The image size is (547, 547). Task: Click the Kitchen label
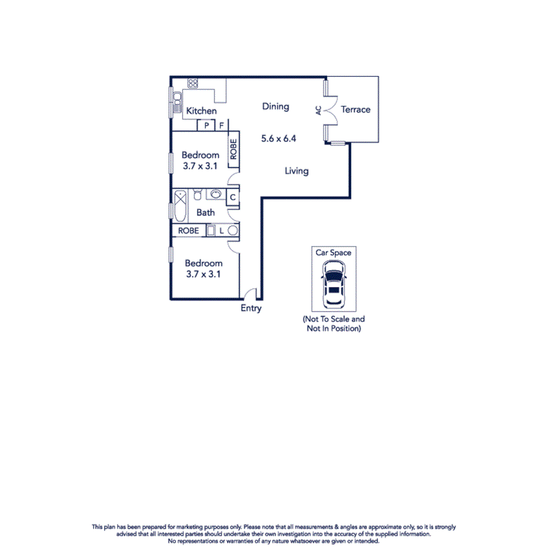click(x=201, y=111)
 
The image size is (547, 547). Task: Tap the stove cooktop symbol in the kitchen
click(x=193, y=83)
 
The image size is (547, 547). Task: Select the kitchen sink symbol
click(x=177, y=102)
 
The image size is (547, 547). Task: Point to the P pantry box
click(x=206, y=125)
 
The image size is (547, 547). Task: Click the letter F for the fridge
click(x=221, y=125)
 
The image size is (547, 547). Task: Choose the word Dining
click(x=275, y=106)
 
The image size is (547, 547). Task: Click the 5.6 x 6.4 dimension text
click(x=278, y=139)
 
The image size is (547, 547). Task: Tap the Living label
click(x=296, y=171)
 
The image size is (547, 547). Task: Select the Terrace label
click(x=356, y=109)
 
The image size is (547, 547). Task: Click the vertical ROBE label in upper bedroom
click(x=233, y=149)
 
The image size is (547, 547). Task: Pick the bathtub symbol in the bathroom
click(x=180, y=197)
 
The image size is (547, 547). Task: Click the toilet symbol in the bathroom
click(x=198, y=194)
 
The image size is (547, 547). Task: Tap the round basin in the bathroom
click(x=216, y=194)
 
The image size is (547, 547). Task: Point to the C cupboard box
click(x=232, y=198)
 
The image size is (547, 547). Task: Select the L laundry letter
click(x=221, y=231)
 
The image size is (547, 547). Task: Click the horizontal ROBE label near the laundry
click(x=188, y=231)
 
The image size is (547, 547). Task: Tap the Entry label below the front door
click(x=251, y=309)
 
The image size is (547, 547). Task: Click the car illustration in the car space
click(x=333, y=283)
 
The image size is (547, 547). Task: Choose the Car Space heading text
click(x=333, y=253)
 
